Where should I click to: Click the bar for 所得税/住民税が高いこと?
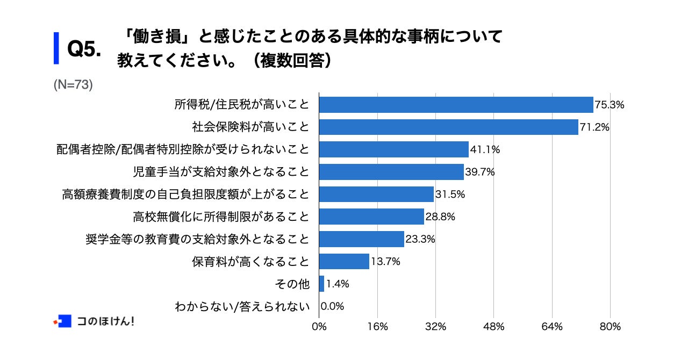(456, 105)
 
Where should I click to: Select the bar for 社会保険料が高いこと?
(448, 127)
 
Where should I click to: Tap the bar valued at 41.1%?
(393, 150)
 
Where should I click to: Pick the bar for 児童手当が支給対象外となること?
(391, 172)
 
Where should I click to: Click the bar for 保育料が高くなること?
(344, 262)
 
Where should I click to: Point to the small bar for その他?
(321, 284)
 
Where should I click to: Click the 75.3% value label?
(609, 105)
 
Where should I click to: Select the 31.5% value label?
(450, 195)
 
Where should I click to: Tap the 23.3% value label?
(420, 239)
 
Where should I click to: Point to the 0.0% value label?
(332, 306)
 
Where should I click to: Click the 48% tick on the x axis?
(493, 327)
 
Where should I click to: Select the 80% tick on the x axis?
(610, 327)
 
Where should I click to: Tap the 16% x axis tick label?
(377, 327)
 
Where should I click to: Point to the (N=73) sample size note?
(73, 85)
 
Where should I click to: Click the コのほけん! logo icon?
(63, 321)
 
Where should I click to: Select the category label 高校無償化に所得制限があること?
(221, 217)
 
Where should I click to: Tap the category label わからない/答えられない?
(242, 307)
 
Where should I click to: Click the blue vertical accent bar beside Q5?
(56, 48)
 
